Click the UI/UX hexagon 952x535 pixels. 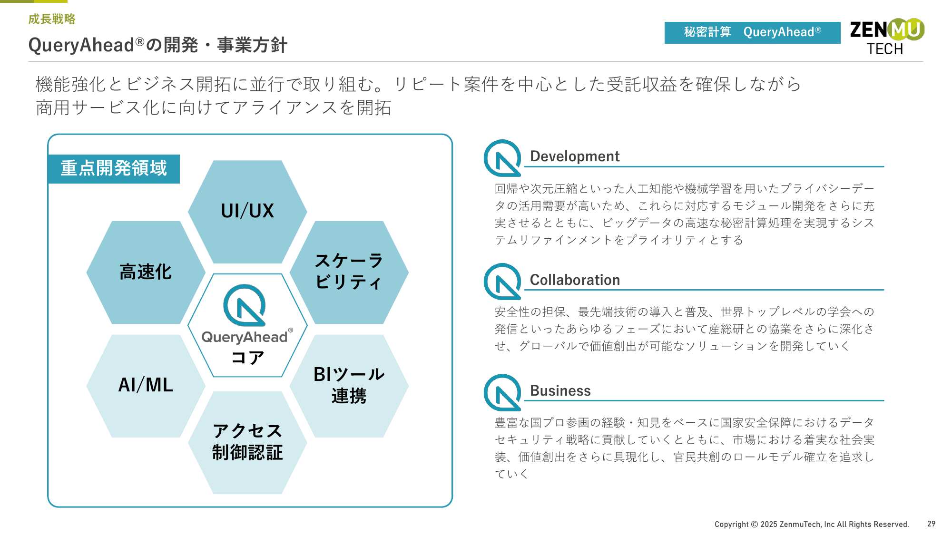(x=247, y=212)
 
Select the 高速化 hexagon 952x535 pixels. (x=146, y=272)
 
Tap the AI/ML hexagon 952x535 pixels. (x=146, y=386)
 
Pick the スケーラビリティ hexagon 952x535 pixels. (x=349, y=272)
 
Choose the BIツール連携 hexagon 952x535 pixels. (x=349, y=386)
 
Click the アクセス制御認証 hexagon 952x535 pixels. (x=247, y=443)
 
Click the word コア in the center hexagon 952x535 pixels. (x=247, y=357)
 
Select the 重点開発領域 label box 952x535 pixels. (x=114, y=168)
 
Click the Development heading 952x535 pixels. (x=575, y=156)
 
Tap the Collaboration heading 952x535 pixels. (x=575, y=280)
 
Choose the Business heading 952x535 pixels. (x=560, y=390)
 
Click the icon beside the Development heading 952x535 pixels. (x=502, y=158)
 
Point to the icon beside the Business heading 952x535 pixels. (x=502, y=392)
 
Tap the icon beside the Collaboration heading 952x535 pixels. (x=502, y=282)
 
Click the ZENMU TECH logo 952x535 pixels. (x=887, y=37)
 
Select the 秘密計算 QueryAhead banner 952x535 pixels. (x=752, y=32)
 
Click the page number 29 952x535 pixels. (x=931, y=524)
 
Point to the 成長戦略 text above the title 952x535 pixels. (x=52, y=19)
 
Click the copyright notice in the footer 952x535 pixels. (x=812, y=524)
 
